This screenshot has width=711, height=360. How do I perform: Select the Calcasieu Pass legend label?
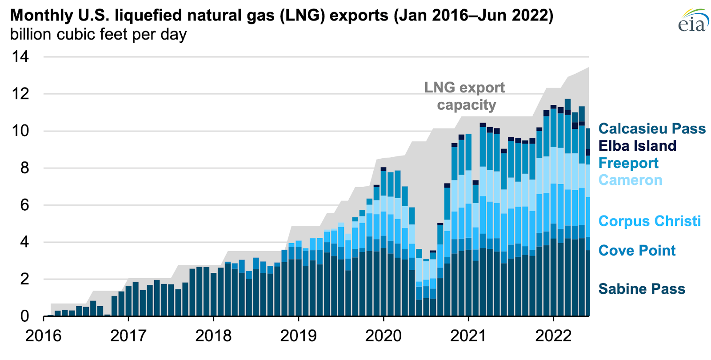click(652, 129)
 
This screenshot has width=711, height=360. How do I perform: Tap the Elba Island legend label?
click(637, 146)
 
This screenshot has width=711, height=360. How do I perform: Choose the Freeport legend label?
click(628, 163)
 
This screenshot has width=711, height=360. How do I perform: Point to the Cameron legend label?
click(630, 180)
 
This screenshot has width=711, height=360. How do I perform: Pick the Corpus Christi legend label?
click(649, 221)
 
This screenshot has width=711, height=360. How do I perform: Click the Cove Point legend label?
click(637, 251)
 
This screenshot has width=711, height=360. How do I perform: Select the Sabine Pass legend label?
click(642, 289)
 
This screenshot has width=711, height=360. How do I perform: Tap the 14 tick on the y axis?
click(20, 56)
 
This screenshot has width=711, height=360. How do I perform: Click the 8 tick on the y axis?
click(24, 168)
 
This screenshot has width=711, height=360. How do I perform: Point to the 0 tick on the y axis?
click(24, 316)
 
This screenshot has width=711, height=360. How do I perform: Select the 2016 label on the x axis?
click(43, 336)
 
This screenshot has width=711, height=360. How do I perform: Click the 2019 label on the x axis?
click(298, 336)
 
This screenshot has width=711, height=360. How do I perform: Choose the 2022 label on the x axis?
click(553, 336)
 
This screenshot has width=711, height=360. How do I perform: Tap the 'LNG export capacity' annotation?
click(465, 96)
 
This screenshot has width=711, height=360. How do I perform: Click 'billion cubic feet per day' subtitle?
click(98, 34)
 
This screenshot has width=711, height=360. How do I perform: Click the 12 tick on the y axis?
click(20, 94)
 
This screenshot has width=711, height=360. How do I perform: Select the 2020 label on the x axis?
click(383, 336)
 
